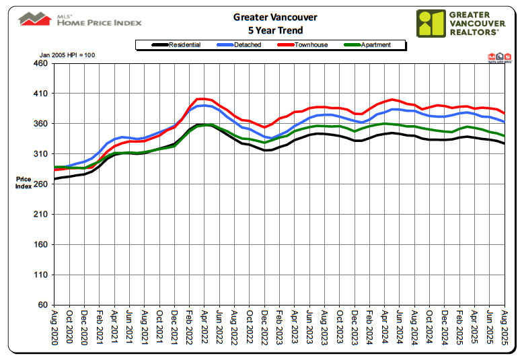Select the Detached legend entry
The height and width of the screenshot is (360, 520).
pos(245,45)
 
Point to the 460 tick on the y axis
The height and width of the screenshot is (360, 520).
pos(41,63)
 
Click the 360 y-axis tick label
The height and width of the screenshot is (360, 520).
pos(41,124)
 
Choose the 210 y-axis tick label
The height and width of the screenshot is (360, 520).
pos(41,215)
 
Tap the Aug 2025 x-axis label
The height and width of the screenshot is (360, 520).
pos(505,326)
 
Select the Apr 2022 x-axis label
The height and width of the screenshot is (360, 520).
pos(205,326)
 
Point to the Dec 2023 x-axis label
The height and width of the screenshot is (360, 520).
pos(355,326)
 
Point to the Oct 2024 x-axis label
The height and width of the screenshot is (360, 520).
pos(430,326)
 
